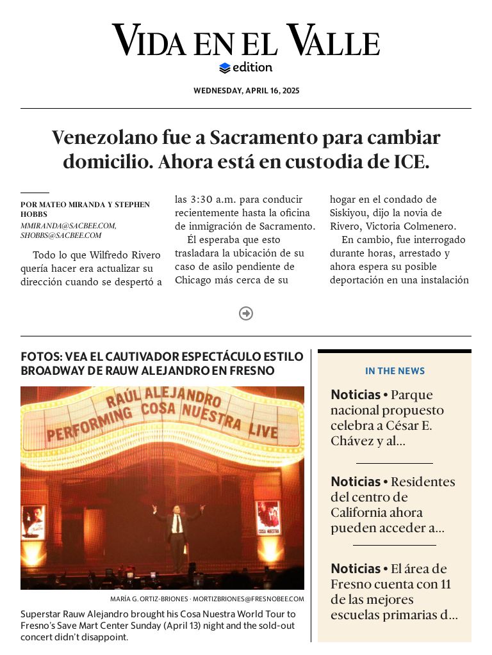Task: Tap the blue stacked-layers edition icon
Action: (x=224, y=68)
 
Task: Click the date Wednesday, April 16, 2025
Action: (x=246, y=91)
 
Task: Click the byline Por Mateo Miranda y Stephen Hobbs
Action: (x=85, y=209)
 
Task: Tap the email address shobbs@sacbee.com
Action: (x=61, y=235)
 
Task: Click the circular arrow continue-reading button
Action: (x=246, y=313)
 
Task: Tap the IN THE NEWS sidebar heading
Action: (x=395, y=371)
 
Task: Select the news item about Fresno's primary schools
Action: (x=394, y=592)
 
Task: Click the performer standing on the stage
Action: (x=177, y=534)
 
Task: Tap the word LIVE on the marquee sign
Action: (x=263, y=430)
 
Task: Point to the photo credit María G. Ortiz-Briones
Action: (x=149, y=599)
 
